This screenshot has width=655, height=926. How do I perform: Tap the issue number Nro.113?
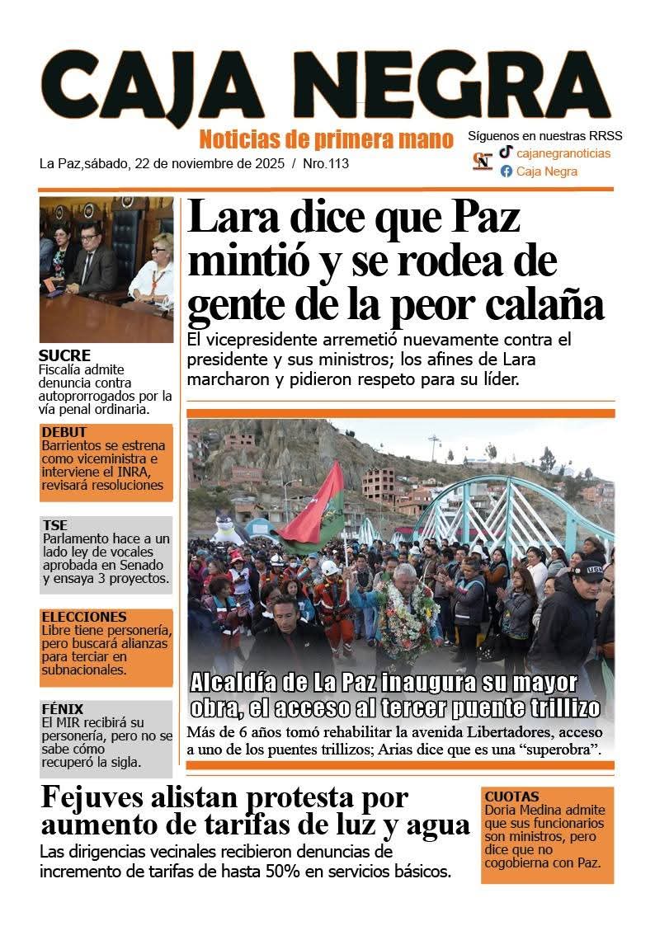click(x=326, y=163)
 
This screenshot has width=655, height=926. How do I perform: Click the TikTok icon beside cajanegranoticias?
click(x=506, y=152)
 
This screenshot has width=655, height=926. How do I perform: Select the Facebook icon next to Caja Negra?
click(x=506, y=172)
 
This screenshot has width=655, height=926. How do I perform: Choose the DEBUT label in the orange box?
click(x=64, y=432)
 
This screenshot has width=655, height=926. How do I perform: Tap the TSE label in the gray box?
click(x=54, y=525)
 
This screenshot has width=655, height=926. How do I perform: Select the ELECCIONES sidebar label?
click(x=84, y=617)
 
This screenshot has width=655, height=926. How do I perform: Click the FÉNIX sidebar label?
click(x=62, y=709)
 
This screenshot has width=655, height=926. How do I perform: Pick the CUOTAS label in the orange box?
click(x=511, y=797)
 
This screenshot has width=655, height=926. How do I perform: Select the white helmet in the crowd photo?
click(x=329, y=567)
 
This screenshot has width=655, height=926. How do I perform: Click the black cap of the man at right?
click(x=589, y=570)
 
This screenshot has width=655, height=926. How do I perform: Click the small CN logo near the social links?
click(x=483, y=160)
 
